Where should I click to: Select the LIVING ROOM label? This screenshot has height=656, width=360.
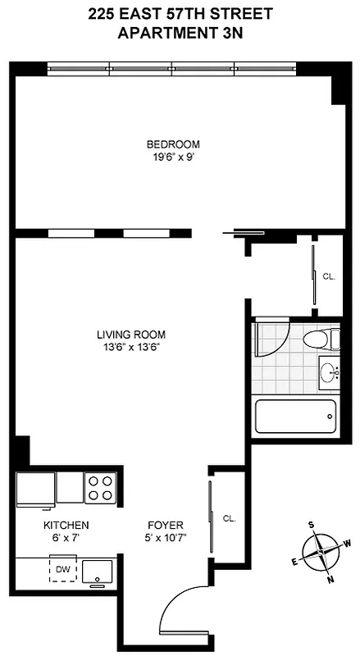131,335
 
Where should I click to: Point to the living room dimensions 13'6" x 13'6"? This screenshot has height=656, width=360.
131,346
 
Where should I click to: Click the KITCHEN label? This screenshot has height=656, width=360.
66,525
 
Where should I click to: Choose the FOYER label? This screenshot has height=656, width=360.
165,525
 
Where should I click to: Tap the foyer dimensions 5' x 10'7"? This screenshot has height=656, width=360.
165,538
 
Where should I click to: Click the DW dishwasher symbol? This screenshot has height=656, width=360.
62,567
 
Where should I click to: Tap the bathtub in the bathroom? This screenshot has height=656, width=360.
295,417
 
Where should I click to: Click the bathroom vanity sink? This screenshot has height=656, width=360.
330,372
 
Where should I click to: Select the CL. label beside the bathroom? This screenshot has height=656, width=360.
328,277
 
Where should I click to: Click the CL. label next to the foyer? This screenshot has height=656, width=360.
230,518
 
